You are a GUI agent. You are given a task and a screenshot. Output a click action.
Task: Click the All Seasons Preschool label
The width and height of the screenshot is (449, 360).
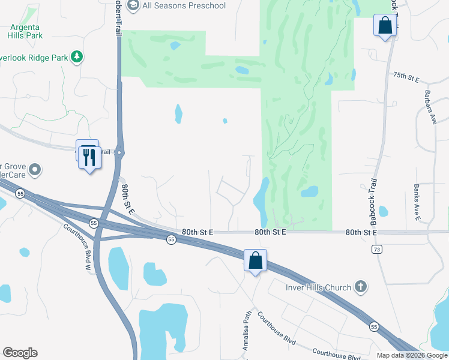pyautogui.click(x=184, y=5)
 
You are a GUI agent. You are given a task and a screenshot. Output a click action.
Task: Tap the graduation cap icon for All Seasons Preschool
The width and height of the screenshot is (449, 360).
pyautogui.click(x=133, y=5)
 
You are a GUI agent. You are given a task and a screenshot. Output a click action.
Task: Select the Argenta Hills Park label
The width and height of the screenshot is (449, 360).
pyautogui.click(x=26, y=31)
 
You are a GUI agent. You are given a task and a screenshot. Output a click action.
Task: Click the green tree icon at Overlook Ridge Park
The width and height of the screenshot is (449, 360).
pyautogui.click(x=76, y=56)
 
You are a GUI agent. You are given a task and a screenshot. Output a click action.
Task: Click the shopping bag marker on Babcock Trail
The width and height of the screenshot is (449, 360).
pyautogui.click(x=384, y=26)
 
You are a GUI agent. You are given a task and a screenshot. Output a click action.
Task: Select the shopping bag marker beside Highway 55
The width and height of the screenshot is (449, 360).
pyautogui.click(x=256, y=261)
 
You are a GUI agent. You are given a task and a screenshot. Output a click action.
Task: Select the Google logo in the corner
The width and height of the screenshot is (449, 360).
pyautogui.click(x=20, y=353)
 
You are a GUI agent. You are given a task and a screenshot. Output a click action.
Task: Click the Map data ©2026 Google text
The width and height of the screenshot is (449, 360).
pyautogui.click(x=412, y=355)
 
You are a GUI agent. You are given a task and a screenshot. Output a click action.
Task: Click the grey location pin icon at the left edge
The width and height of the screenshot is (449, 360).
pyautogui.click(x=34, y=170)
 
